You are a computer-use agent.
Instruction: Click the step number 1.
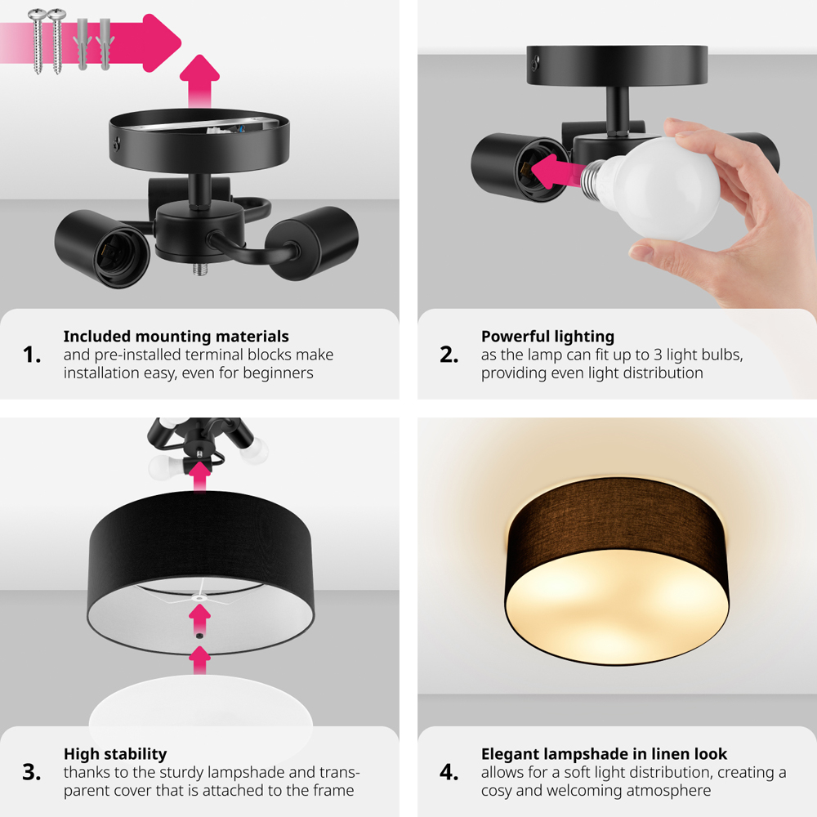pyautogui.click(x=32, y=355)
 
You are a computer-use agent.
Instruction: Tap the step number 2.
pyautogui.click(x=449, y=355)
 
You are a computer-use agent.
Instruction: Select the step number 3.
pyautogui.click(x=32, y=772)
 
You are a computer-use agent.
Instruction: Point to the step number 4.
pyautogui.click(x=449, y=772)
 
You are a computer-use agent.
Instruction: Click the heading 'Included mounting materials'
pyautogui.click(x=176, y=337)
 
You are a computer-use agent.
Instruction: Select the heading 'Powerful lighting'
pyautogui.click(x=547, y=337)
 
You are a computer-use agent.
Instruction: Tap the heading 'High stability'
pyautogui.click(x=115, y=754)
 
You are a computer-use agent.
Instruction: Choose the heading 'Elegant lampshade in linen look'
pyautogui.click(x=604, y=754)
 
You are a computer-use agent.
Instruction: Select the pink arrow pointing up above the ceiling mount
pyautogui.click(x=199, y=81)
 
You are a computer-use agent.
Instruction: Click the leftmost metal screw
pyautogui.click(x=37, y=41)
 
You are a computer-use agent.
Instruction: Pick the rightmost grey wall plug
pyautogui.click(x=105, y=44)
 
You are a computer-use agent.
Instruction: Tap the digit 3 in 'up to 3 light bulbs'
pyautogui.click(x=658, y=355)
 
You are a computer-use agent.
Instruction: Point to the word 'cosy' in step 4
pyautogui.click(x=497, y=791)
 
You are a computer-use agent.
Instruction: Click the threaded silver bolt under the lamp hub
pyautogui.click(x=200, y=269)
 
